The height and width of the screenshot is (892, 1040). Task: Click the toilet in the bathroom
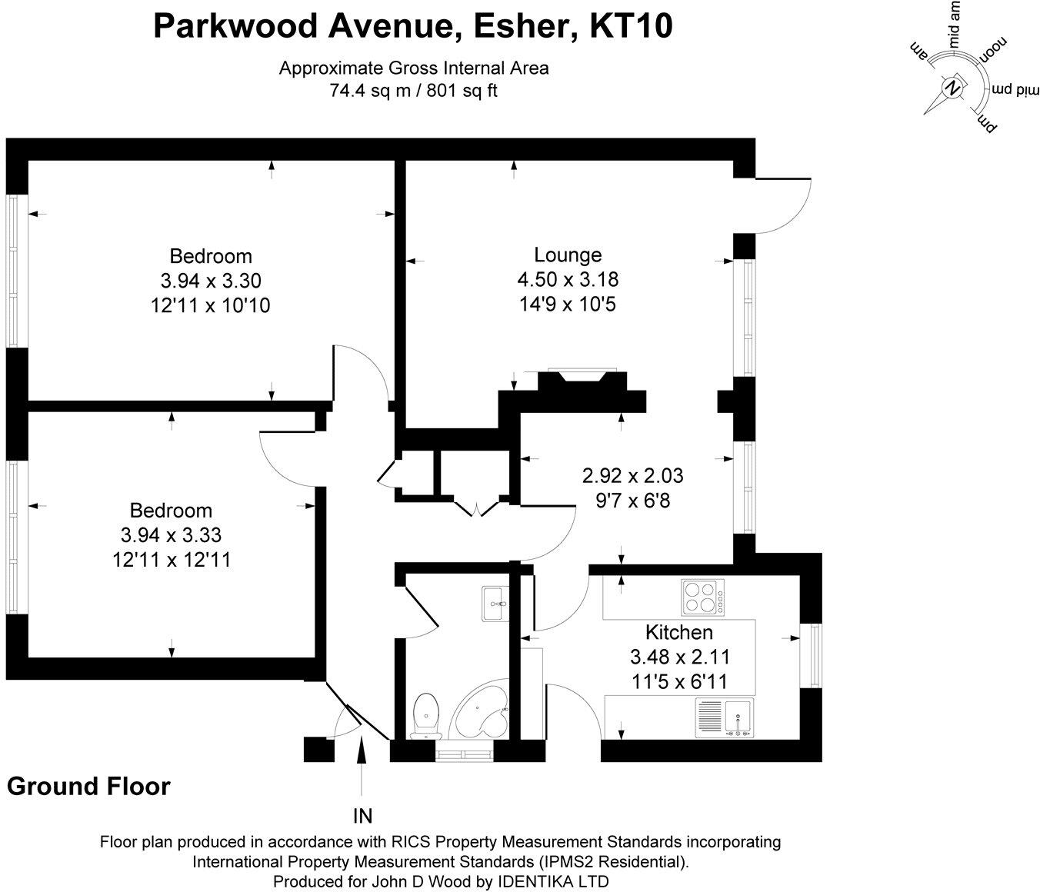[425, 715]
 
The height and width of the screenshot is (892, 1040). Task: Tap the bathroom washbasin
[492, 603]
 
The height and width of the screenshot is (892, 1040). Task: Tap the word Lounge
[568, 255]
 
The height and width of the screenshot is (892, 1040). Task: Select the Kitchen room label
[678, 632]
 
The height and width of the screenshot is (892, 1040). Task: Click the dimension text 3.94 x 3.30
[210, 281]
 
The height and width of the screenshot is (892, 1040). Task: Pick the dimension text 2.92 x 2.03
[632, 476]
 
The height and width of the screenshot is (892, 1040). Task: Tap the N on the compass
[953, 87]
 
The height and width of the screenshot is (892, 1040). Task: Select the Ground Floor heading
[88, 787]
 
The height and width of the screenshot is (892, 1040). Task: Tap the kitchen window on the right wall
[812, 655]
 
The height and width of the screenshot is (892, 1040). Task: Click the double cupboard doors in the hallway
[477, 508]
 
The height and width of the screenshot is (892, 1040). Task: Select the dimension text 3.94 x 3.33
[171, 534]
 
